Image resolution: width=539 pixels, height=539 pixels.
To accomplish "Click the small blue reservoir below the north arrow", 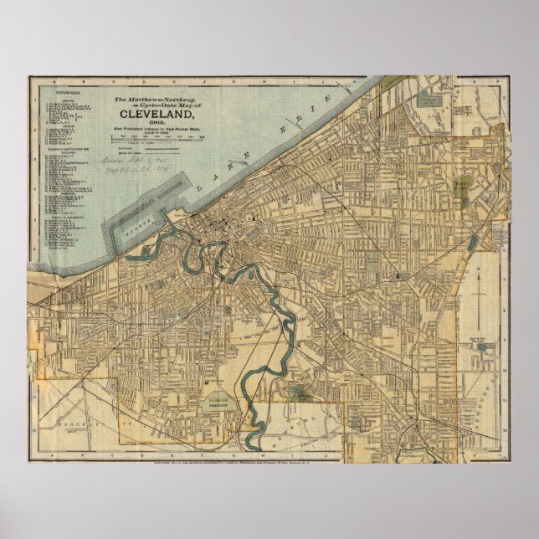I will pos(474,243).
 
